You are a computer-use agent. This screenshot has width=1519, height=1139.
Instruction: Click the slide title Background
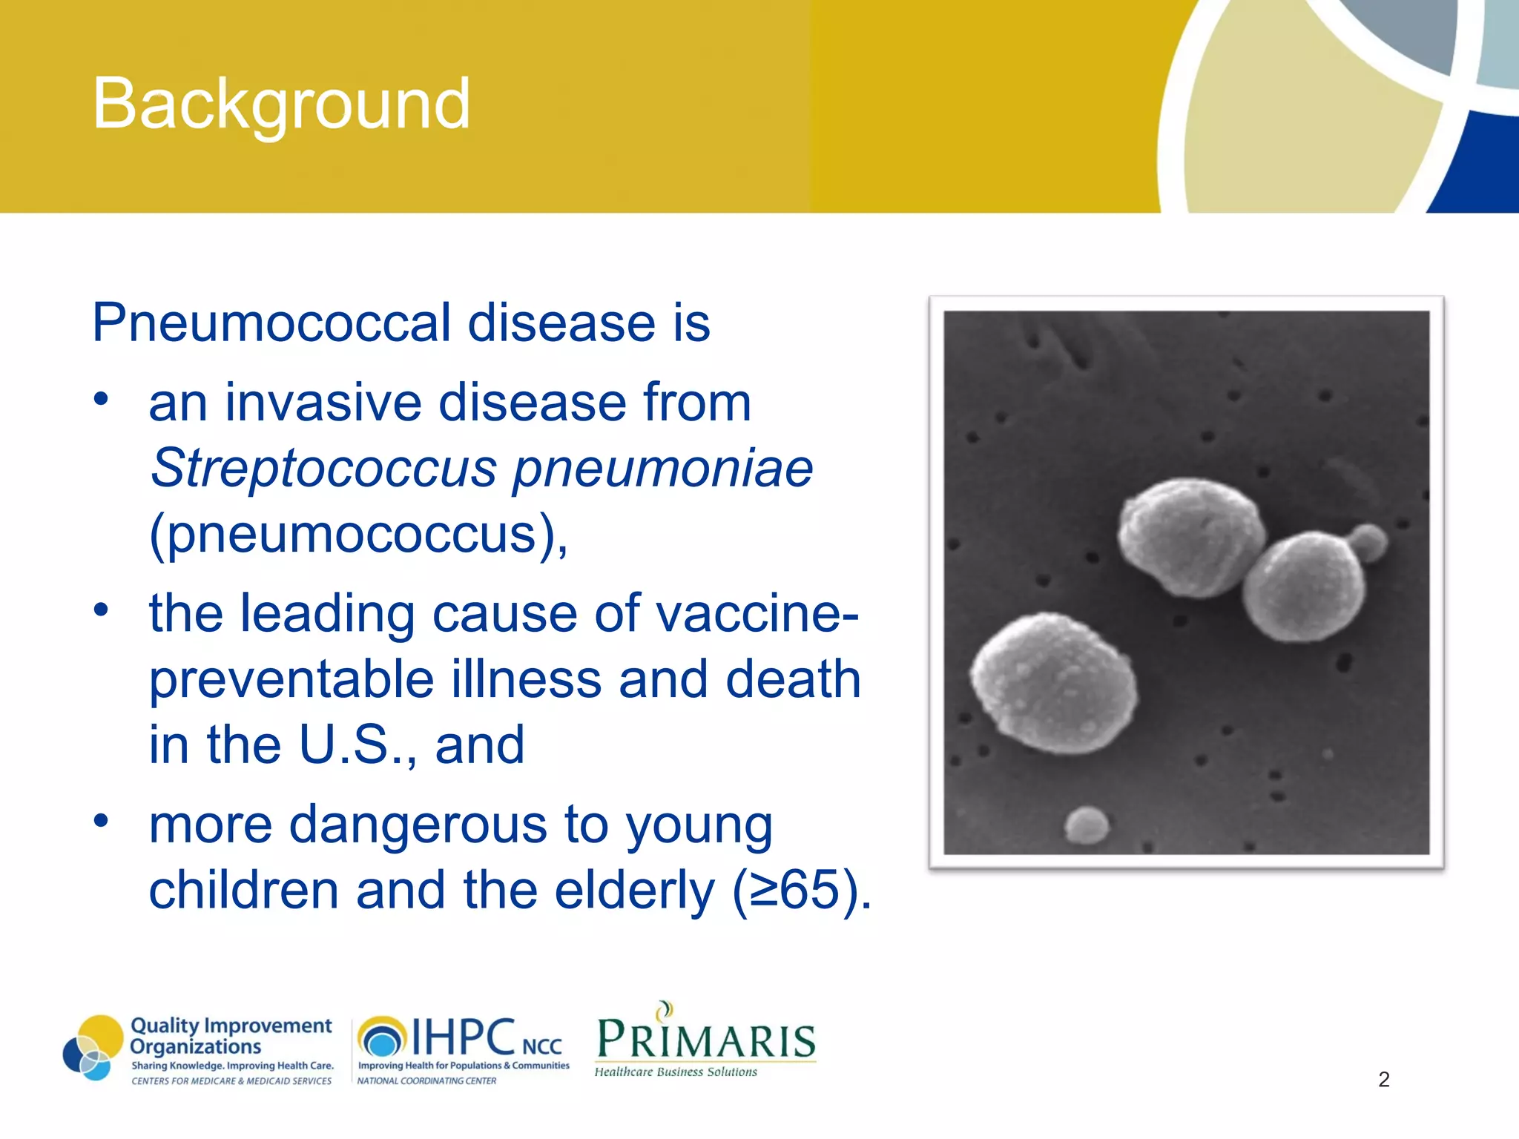280,104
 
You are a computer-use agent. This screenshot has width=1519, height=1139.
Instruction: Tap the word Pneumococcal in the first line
271,324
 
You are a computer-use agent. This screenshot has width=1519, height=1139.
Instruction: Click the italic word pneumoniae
663,469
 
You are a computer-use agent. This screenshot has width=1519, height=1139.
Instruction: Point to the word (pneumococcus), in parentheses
358,534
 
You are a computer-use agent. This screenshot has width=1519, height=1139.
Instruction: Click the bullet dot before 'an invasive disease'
102,400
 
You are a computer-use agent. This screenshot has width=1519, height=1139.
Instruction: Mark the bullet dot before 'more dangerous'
102,821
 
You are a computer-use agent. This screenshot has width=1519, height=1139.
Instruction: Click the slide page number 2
1383,1080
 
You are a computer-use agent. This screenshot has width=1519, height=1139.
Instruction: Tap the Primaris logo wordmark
705,1040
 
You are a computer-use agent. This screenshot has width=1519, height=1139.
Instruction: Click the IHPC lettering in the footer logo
463,1037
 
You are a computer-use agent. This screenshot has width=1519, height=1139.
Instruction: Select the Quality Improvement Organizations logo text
230,1036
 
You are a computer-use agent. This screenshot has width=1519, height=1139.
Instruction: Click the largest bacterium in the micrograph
1054,683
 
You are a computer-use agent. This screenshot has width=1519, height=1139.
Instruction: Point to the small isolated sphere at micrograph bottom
1087,825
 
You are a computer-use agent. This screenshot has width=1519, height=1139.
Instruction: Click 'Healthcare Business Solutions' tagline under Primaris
676,1072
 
